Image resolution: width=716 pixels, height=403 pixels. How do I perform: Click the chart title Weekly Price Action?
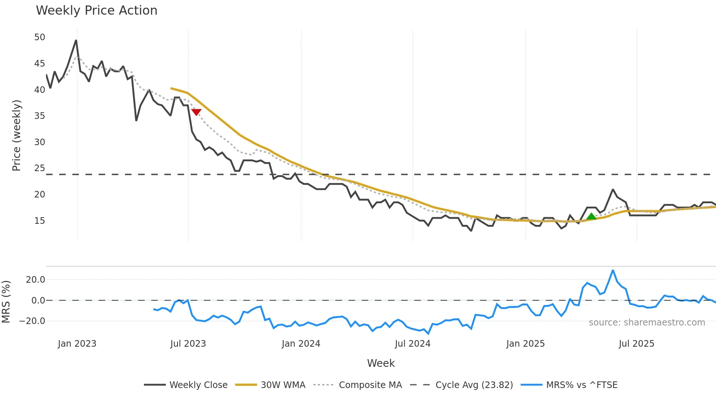point(96,11)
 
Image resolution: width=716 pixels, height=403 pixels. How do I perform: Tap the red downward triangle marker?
point(196,112)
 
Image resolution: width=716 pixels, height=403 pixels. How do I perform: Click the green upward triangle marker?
point(591,216)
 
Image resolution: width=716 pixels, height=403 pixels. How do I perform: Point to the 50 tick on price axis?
point(39,37)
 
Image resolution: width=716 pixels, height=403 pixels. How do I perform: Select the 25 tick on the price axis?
point(39,168)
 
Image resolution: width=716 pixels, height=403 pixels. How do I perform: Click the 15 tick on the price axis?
point(39,221)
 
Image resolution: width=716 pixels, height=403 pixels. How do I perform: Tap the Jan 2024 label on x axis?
point(301,344)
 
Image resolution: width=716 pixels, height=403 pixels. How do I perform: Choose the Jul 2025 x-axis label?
point(636,344)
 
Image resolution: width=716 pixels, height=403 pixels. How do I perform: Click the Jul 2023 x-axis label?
point(188,344)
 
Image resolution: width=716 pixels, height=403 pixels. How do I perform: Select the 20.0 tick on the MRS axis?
point(35,280)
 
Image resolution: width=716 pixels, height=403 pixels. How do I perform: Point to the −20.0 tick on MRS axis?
point(32,321)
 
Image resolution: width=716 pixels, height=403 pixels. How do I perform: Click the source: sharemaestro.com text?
point(647,323)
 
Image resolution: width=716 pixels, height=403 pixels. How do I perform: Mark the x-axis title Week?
point(381,363)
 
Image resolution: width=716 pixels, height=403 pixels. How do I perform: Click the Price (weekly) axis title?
point(16,135)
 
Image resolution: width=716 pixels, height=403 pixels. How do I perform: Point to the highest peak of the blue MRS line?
point(613,271)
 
